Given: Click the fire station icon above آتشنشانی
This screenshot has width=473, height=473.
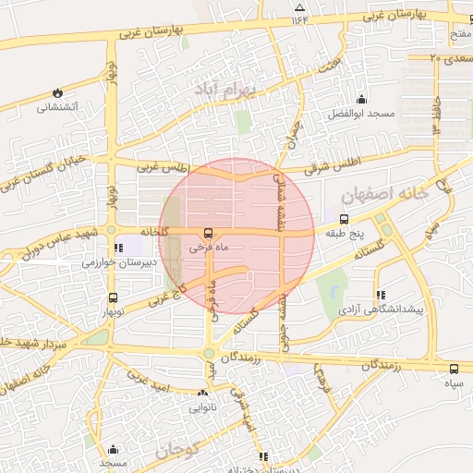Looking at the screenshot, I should click(58, 92).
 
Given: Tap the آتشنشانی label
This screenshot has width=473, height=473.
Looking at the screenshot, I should click(57, 107).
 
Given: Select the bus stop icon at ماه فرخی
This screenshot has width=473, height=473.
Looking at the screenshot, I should click(209, 233).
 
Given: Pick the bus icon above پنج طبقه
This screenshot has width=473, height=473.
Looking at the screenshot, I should click(344, 220).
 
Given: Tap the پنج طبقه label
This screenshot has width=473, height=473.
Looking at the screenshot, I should click(344, 235).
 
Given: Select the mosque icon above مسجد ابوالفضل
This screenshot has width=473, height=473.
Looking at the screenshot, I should click(360, 99).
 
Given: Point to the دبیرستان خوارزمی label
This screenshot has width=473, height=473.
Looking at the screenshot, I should click(114, 262).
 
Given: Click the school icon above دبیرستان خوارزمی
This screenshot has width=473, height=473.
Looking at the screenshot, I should click(117, 248).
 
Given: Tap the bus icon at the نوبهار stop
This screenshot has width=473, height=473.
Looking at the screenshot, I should click(113, 298).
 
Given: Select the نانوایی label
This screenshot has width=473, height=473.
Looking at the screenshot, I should click(204, 406).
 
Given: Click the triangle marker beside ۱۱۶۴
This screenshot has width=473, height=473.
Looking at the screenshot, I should click(298, 7).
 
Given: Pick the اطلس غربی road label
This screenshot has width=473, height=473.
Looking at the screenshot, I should click(163, 168).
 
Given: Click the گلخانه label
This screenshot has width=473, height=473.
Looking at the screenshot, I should click(154, 231).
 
